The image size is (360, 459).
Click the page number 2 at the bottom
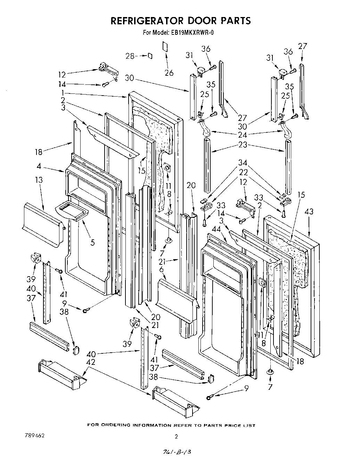tap(176, 437)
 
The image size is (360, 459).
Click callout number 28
tap(130, 56)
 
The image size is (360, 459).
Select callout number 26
tap(169, 73)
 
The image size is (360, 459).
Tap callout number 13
tap(39, 180)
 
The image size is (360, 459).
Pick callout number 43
tap(309, 211)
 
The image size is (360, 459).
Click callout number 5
tap(92, 242)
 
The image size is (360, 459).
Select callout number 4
tap(40, 166)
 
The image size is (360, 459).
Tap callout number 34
tap(243, 162)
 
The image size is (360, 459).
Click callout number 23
tap(243, 144)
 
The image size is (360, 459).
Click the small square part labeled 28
tap(150, 56)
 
